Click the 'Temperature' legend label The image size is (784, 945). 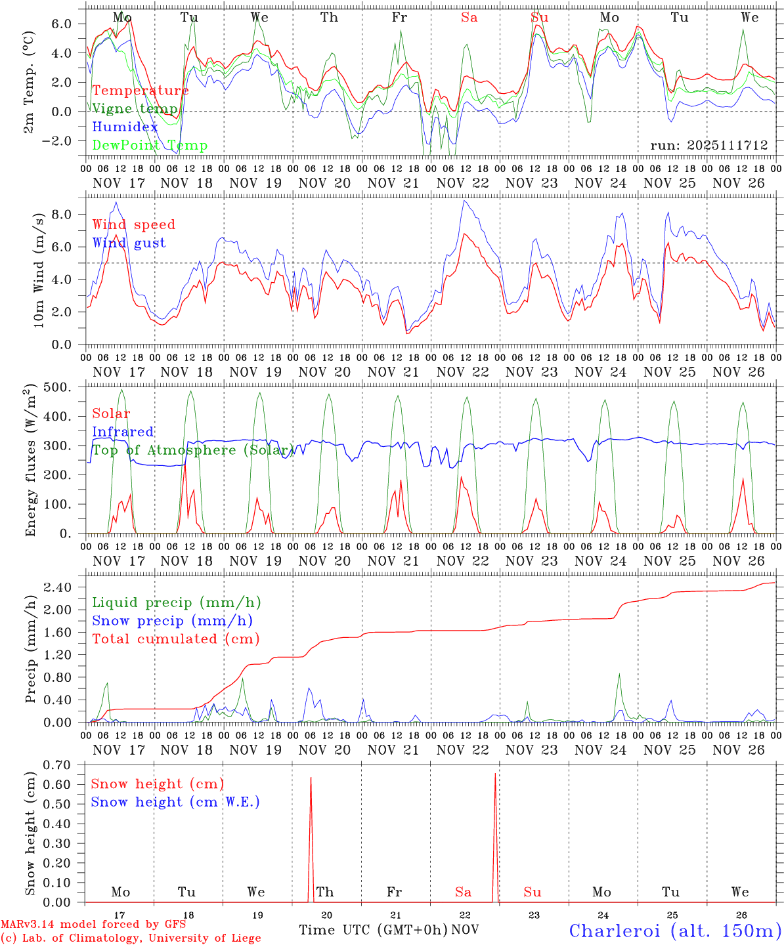pyautogui.click(x=141, y=91)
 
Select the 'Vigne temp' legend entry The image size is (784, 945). pyautogui.click(x=135, y=109)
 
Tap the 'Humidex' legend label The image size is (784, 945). pyautogui.click(x=125, y=127)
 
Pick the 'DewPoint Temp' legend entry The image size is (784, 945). pyautogui.click(x=150, y=146)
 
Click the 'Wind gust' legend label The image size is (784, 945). pyautogui.click(x=129, y=243)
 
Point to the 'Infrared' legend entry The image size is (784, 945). pyautogui.click(x=123, y=432)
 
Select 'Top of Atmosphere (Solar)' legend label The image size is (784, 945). pyautogui.click(x=192, y=450)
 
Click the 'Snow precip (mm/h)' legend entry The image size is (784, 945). pyautogui.click(x=173, y=621)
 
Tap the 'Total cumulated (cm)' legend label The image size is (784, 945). pyautogui.click(x=176, y=639)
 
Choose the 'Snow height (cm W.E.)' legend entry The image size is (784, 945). pyautogui.click(x=175, y=802)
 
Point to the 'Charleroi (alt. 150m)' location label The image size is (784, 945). pyautogui.click(x=675, y=931)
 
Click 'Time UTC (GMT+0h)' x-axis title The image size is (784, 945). pyautogui.click(x=374, y=930)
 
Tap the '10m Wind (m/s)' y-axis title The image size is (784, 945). pyautogui.click(x=39, y=270)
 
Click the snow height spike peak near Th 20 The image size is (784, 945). pyautogui.click(x=311, y=778)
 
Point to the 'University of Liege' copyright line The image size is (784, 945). pyautogui.click(x=131, y=938)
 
